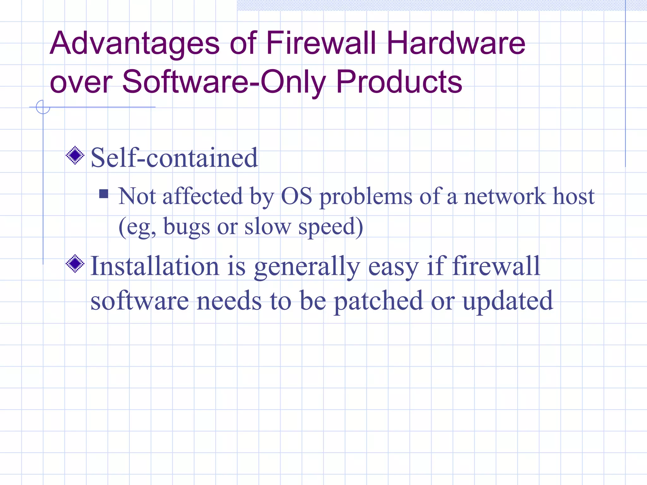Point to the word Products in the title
coord(399,82)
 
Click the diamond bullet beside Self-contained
coord(75,155)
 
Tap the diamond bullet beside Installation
coord(75,263)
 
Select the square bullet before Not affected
coord(104,194)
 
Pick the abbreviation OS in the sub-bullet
coord(297,196)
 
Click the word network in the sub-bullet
coord(505,196)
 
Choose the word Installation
coord(155,266)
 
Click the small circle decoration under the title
coord(43,107)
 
